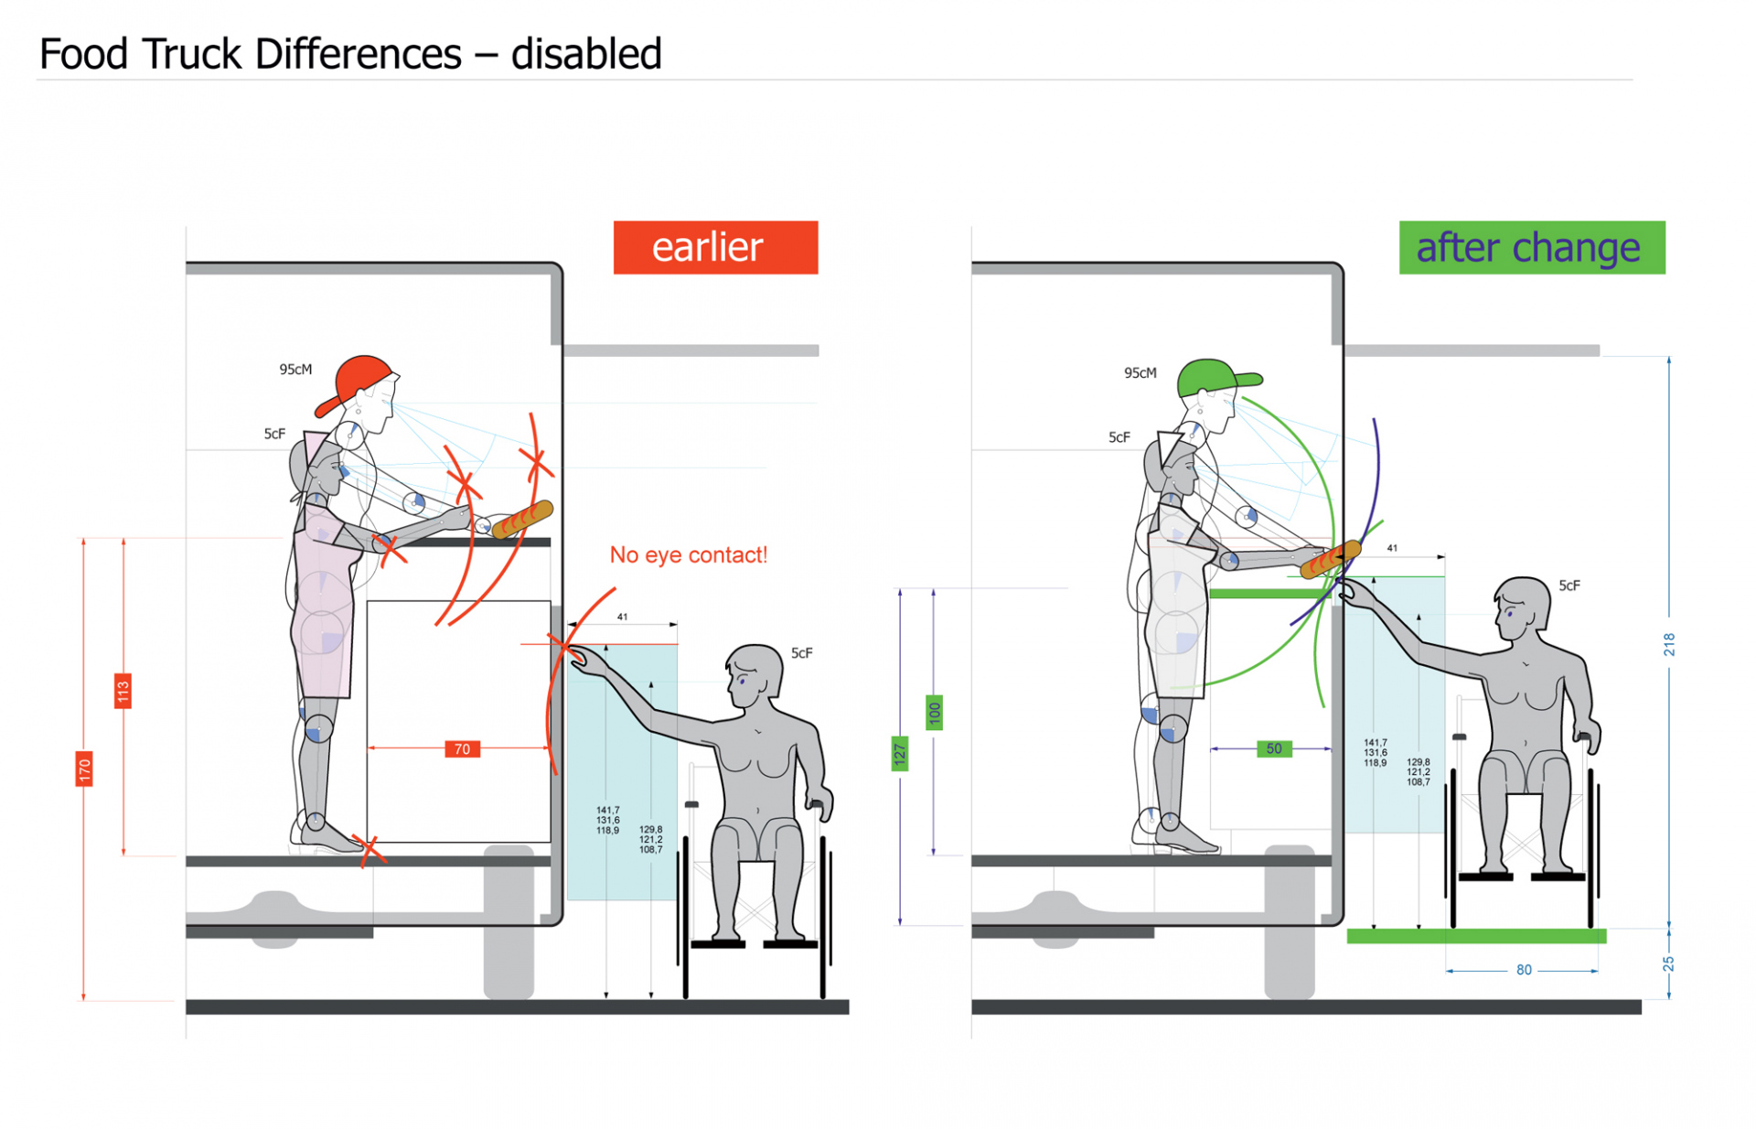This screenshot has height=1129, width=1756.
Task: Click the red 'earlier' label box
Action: pos(715,247)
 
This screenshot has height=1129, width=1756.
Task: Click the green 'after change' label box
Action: pos(1531,247)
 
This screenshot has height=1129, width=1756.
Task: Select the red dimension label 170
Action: pos(84,769)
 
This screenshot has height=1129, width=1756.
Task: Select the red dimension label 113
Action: pos(123,691)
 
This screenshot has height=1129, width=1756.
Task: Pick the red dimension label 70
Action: pos(462,749)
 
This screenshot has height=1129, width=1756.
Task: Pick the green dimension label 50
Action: pos(1273,748)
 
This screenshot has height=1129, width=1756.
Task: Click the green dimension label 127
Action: pos(900,754)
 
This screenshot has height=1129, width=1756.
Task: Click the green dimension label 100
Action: pos(934,713)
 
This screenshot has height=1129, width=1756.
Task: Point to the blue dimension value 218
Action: pos(1668,644)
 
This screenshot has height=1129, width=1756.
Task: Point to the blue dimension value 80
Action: pos(1523,970)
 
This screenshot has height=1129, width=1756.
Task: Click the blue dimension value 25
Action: pos(1668,964)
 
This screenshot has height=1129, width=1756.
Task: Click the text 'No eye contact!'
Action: pos(688,555)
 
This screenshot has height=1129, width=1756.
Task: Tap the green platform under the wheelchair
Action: pos(1476,936)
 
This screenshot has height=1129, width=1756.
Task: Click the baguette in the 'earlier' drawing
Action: pos(522,520)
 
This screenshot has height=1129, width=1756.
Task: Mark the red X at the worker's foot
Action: pos(369,849)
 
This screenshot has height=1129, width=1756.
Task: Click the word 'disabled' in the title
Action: pos(586,54)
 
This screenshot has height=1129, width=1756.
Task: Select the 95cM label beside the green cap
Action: pos(1140,373)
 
